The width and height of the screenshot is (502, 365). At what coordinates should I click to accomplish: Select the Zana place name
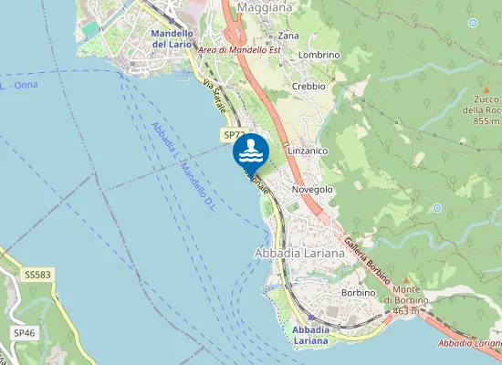point(288,36)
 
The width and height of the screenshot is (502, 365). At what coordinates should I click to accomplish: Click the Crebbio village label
point(309,86)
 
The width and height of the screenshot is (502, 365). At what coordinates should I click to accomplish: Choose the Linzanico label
point(307,149)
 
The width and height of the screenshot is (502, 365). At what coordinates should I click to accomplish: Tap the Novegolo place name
point(311,189)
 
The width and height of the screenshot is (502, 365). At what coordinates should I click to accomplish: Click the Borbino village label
point(358,293)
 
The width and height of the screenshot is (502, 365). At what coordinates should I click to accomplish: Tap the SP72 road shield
point(233,135)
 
